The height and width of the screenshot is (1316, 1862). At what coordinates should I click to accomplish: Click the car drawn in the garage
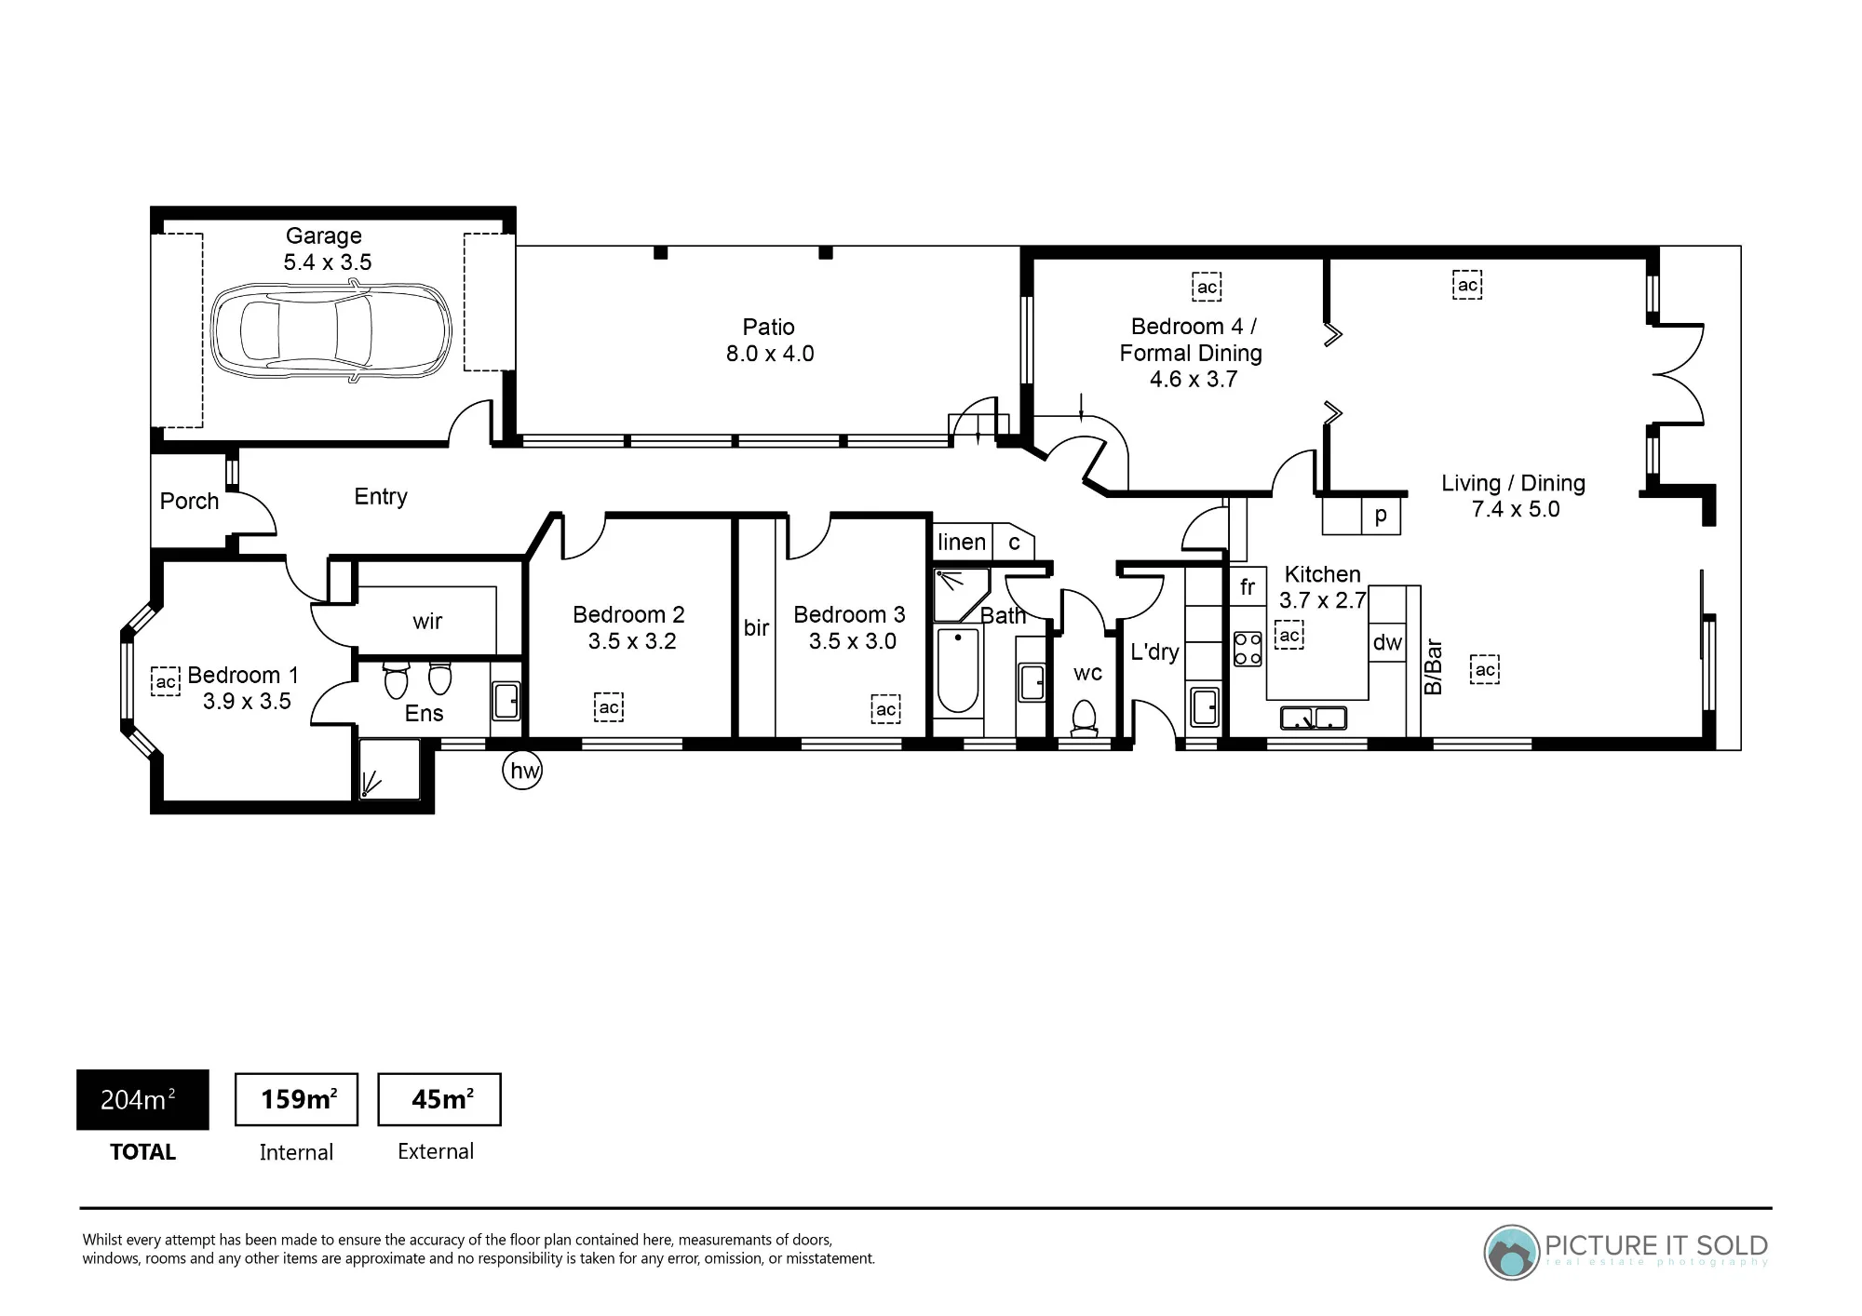click(331, 331)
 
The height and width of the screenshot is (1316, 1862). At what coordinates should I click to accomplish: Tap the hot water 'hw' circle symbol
click(522, 771)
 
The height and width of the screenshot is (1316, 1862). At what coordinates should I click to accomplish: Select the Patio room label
click(769, 328)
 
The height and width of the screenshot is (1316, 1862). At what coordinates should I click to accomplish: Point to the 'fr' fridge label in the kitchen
click(1248, 586)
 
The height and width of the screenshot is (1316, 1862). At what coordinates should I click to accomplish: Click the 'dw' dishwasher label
click(1387, 642)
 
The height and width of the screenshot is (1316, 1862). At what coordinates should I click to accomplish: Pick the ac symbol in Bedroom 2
click(609, 707)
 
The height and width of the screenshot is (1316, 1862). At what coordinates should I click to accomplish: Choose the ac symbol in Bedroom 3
click(885, 709)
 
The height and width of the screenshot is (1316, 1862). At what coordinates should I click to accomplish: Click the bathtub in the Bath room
click(958, 670)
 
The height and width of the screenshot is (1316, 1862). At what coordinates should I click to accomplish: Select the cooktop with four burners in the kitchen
click(1248, 649)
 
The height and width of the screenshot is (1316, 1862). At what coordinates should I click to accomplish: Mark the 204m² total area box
click(142, 1099)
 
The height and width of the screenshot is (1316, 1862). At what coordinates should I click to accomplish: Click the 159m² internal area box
click(296, 1099)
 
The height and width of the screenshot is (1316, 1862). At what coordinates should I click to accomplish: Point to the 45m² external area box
click(439, 1099)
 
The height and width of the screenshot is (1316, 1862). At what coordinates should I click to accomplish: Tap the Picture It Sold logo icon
click(1511, 1252)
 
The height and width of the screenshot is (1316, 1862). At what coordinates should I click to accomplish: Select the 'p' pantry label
click(1381, 516)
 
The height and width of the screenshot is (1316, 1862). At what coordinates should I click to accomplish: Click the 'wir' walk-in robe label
click(427, 621)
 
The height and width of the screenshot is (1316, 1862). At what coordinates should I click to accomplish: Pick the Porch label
click(189, 501)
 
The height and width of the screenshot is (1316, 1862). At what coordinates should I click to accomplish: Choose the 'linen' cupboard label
click(962, 542)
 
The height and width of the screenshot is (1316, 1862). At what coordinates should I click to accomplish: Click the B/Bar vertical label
click(1434, 666)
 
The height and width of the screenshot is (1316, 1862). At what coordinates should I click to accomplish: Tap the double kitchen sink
click(1314, 718)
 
